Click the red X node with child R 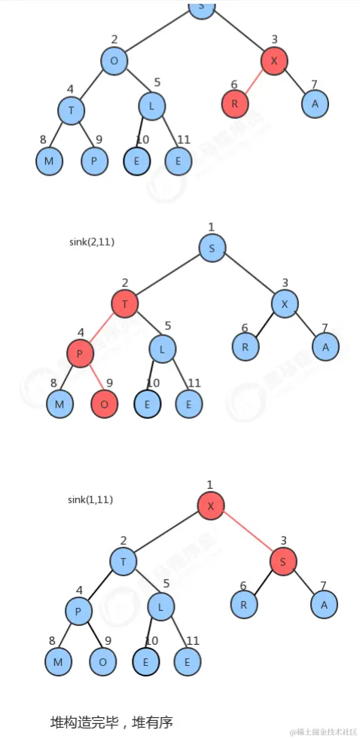[x=275, y=61]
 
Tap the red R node [x=234, y=104]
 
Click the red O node [x=104, y=405]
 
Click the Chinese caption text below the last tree [x=111, y=722]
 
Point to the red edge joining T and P [x=102, y=328]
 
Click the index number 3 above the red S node [x=285, y=540]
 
